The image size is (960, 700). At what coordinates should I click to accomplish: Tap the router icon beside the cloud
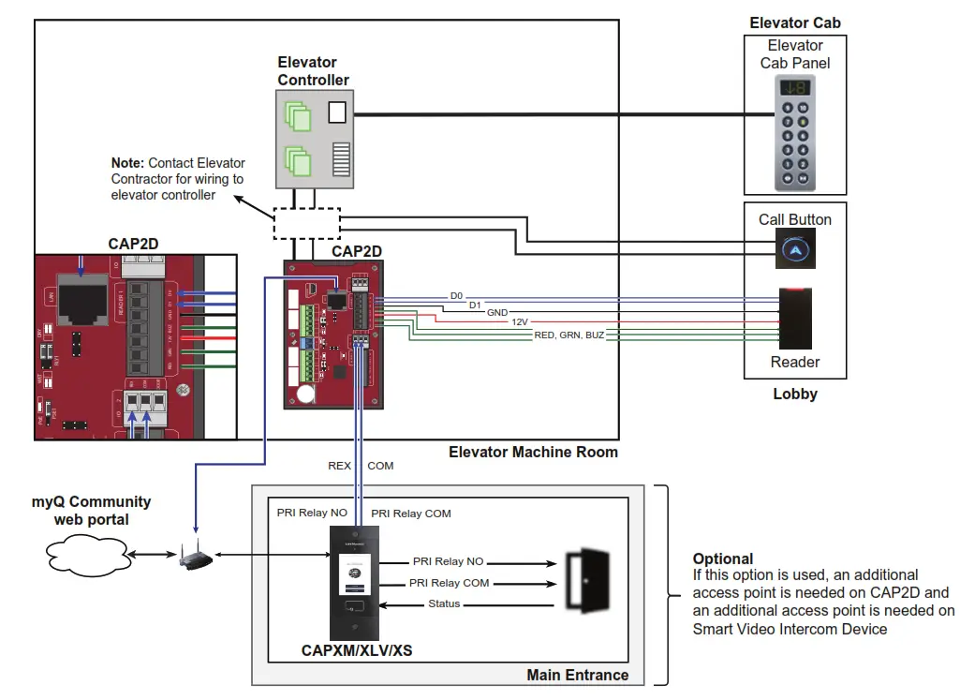tap(194, 559)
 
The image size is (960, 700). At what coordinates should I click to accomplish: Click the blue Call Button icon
tap(794, 250)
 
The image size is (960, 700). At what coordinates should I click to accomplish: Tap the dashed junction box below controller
tap(306, 222)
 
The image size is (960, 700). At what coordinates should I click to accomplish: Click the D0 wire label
tap(456, 296)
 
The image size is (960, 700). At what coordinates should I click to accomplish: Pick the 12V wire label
tap(520, 320)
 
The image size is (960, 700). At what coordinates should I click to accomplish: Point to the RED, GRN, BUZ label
tap(569, 335)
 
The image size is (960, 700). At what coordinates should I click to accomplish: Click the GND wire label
tap(496, 313)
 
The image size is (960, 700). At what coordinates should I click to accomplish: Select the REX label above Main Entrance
tap(339, 466)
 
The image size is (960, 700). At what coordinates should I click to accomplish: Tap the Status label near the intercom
tap(444, 603)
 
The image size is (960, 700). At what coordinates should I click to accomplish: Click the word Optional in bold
tap(723, 559)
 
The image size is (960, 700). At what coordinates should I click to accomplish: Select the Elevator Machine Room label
tap(533, 452)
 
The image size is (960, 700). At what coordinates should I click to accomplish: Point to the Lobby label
tap(794, 394)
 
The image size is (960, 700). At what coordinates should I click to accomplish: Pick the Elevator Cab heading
tap(794, 22)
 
